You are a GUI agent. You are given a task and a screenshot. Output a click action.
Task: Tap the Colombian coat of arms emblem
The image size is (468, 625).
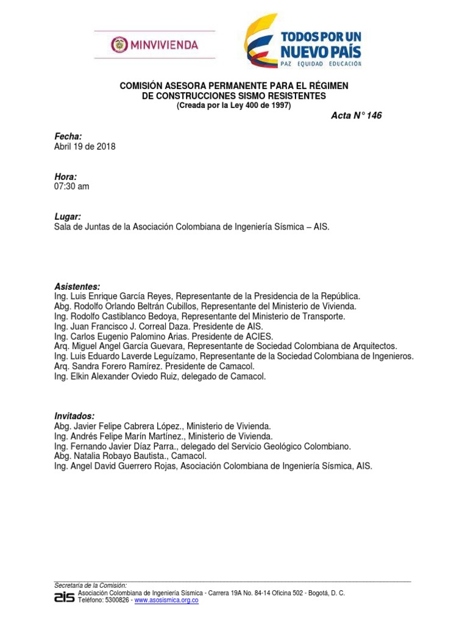coord(119,45)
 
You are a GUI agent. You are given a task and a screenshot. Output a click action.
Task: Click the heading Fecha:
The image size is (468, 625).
coord(68,136)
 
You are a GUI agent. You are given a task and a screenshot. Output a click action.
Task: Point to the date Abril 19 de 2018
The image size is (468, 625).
coord(85,146)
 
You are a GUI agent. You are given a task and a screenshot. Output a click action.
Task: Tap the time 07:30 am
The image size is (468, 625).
coord(72,186)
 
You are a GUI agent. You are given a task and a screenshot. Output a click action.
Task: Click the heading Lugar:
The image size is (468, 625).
coord(68,217)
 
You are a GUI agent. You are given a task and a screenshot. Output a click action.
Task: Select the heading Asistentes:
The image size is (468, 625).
coord(77,286)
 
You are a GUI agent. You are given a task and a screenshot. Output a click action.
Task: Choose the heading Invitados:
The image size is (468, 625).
coord(74,416)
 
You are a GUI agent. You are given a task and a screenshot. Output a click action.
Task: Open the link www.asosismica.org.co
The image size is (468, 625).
coord(166,601)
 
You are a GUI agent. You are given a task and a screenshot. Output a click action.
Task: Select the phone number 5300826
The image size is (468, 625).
coord(116,601)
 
